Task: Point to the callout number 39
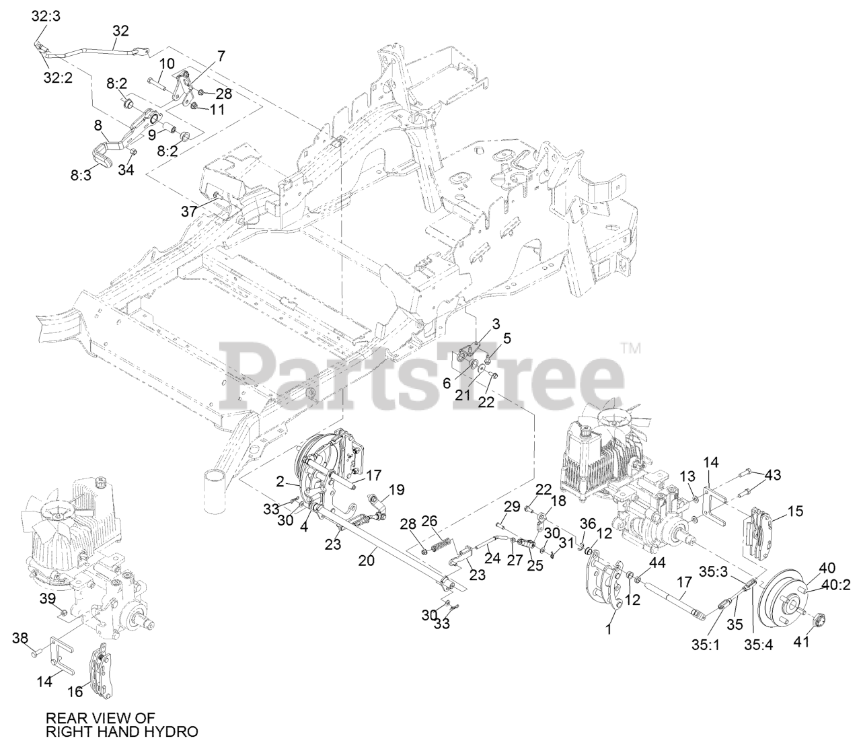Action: click(x=47, y=598)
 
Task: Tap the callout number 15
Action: click(x=794, y=511)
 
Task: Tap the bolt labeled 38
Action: click(x=36, y=651)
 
